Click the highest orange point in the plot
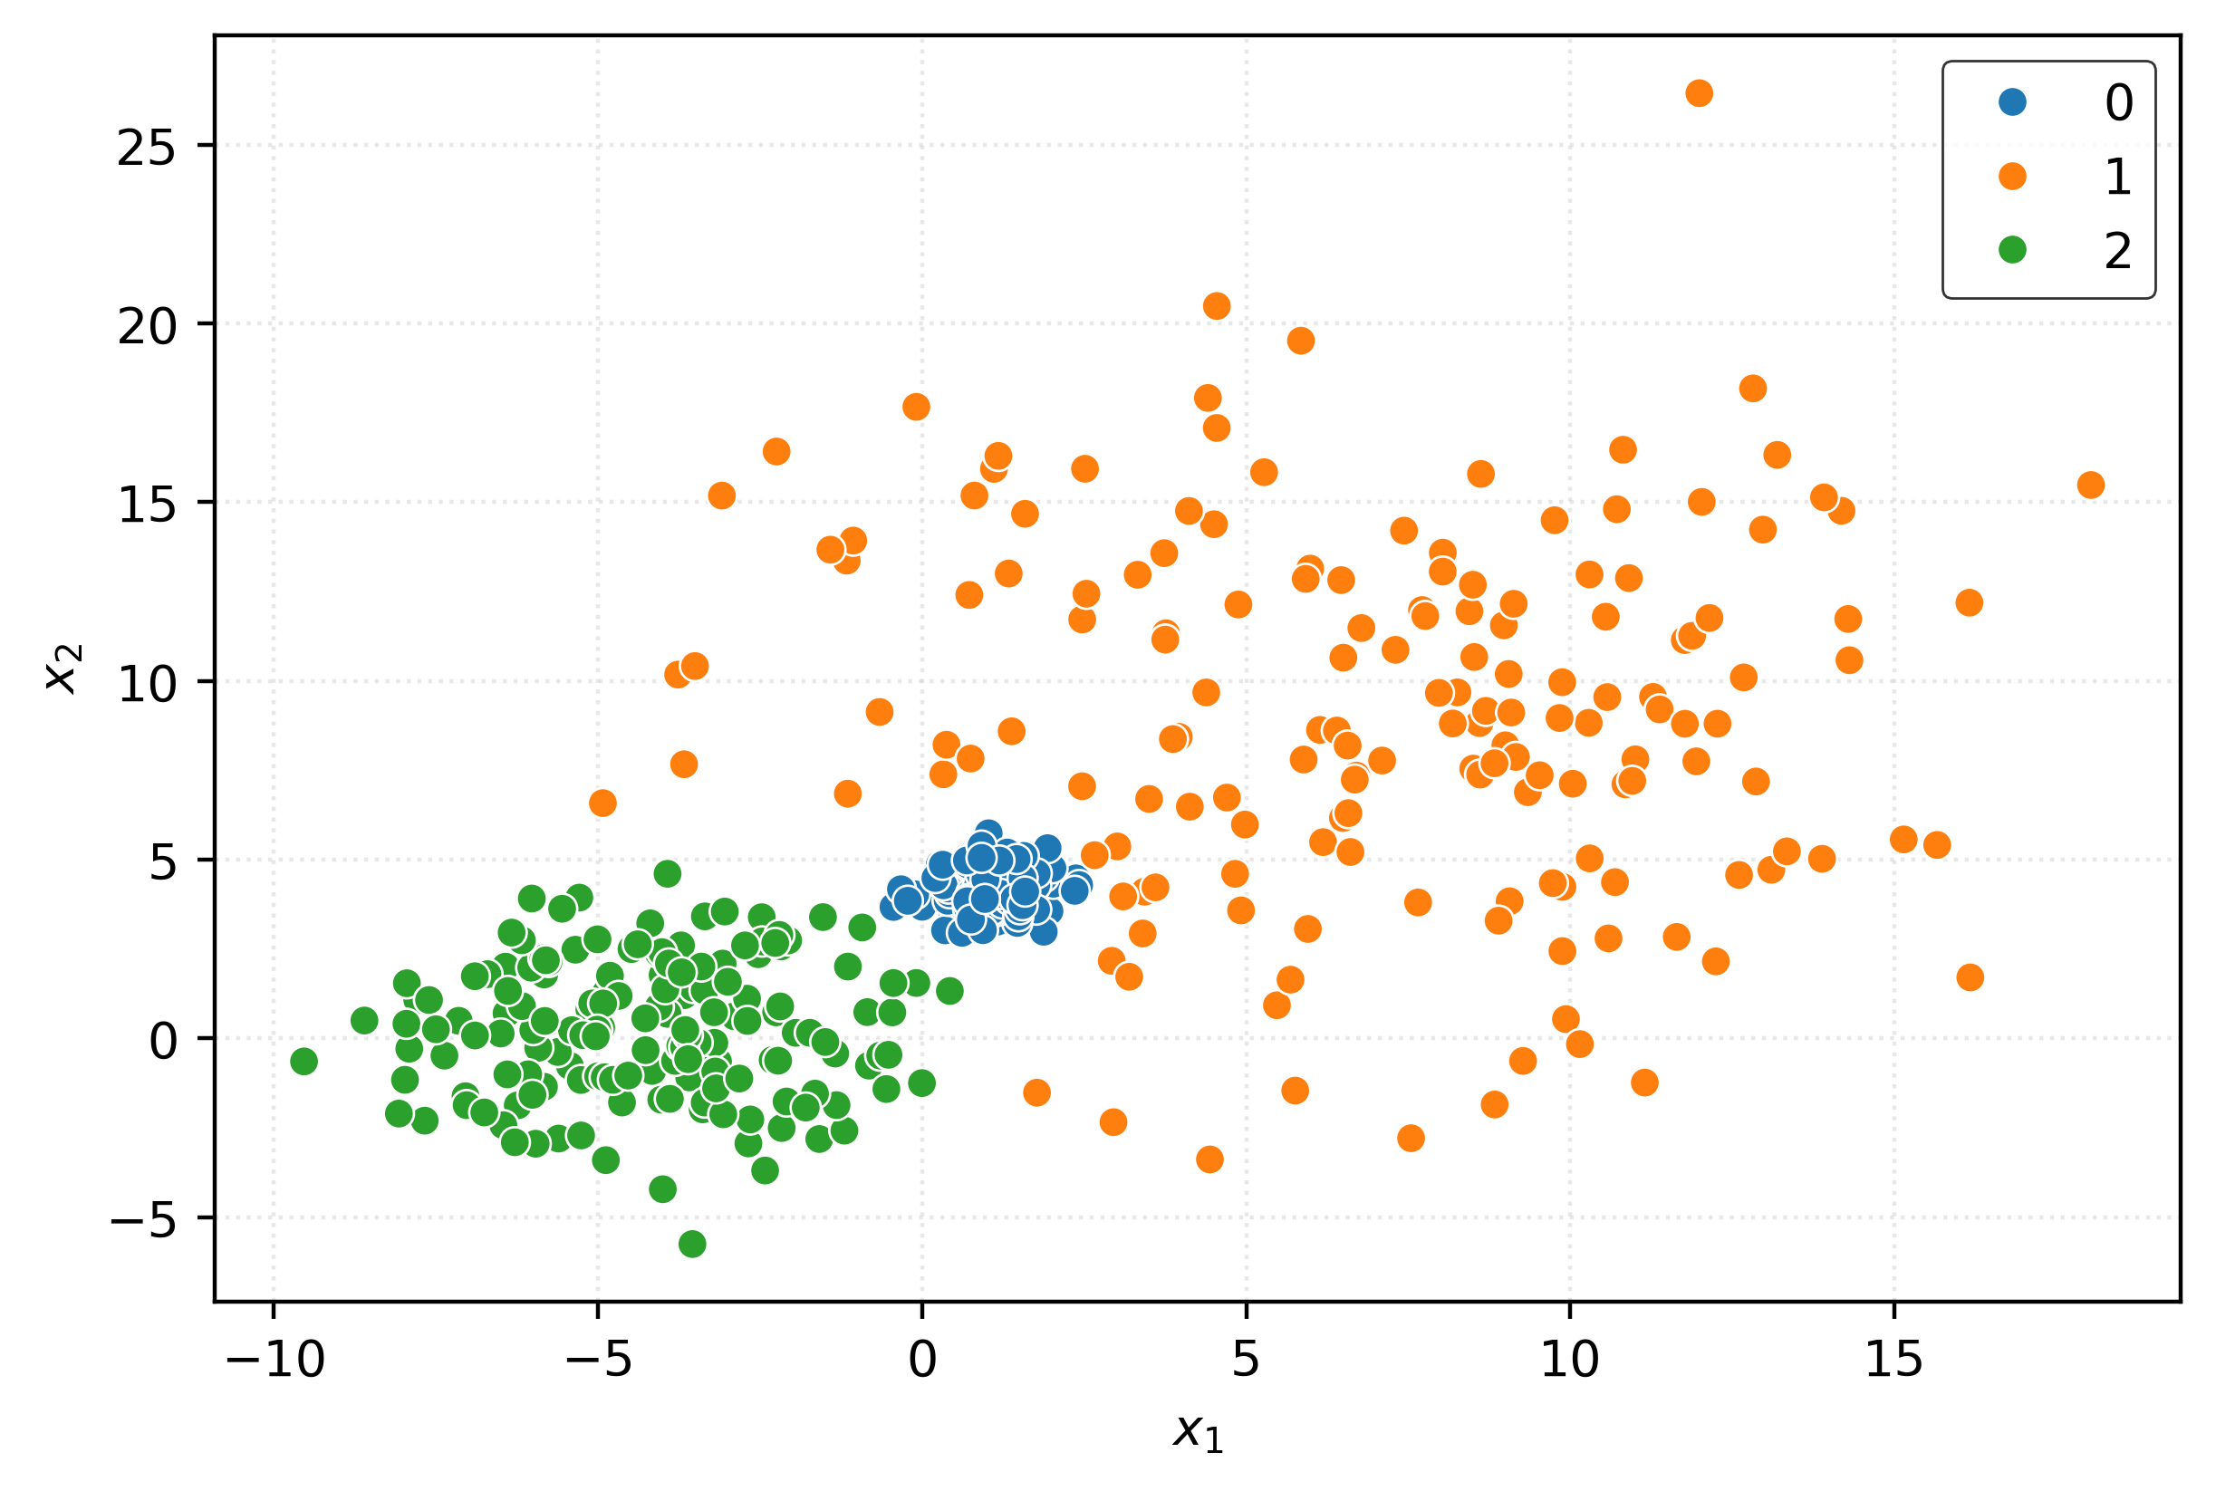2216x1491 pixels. [x=1699, y=93]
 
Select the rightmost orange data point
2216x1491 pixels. [x=2090, y=485]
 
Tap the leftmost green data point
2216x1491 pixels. [x=303, y=1062]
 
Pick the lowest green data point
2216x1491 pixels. [x=692, y=1244]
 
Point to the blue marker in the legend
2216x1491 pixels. [x=2012, y=101]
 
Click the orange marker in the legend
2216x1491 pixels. [x=2012, y=176]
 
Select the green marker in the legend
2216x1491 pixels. [x=2012, y=250]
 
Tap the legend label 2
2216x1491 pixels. [x=2118, y=252]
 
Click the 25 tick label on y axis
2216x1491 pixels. [x=147, y=149]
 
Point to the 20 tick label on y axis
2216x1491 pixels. [x=147, y=327]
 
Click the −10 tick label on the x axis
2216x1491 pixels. [x=275, y=1361]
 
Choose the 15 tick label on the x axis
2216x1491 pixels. [x=1893, y=1361]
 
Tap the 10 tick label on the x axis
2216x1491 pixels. [x=1569, y=1361]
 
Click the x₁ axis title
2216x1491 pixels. [x=1198, y=1432]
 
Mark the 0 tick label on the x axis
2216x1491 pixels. [x=921, y=1361]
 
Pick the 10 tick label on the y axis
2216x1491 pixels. [x=147, y=685]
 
